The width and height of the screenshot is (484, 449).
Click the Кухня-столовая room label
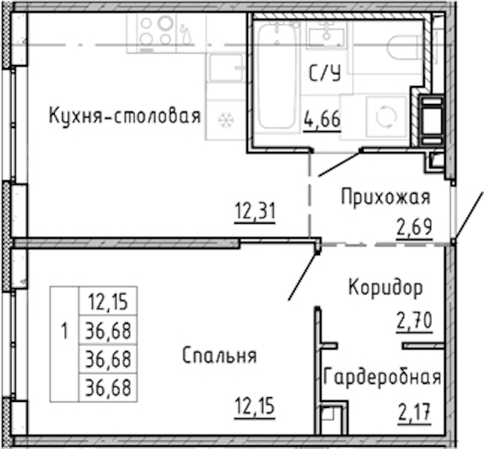pyautogui.click(x=125, y=116)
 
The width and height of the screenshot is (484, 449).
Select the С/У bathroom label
pyautogui.click(x=325, y=73)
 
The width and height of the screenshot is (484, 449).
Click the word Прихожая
pyautogui.click(x=386, y=197)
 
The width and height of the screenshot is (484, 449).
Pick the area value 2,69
pyautogui.click(x=414, y=227)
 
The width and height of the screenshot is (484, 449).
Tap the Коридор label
pyautogui.click(x=386, y=287)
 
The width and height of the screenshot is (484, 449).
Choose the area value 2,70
pyautogui.click(x=414, y=321)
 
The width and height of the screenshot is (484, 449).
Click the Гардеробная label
pyautogui.click(x=382, y=376)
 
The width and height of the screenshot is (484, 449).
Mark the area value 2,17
pyautogui.click(x=414, y=412)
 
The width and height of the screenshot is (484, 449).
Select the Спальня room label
pyautogui.click(x=220, y=355)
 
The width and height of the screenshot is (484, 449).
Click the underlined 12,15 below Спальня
pyautogui.click(x=255, y=406)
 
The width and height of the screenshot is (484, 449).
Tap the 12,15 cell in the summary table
pyautogui.click(x=108, y=302)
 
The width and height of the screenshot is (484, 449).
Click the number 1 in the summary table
pyautogui.click(x=64, y=332)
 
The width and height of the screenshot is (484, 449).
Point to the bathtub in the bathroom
pyautogui.click(x=276, y=76)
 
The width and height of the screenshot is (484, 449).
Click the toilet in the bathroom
pyautogui.click(x=405, y=47)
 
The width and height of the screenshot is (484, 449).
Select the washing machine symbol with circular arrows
pyautogui.click(x=386, y=117)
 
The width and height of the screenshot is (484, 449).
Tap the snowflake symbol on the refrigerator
pyautogui.click(x=226, y=120)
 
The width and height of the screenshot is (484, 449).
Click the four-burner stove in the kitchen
pyautogui.click(x=157, y=31)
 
